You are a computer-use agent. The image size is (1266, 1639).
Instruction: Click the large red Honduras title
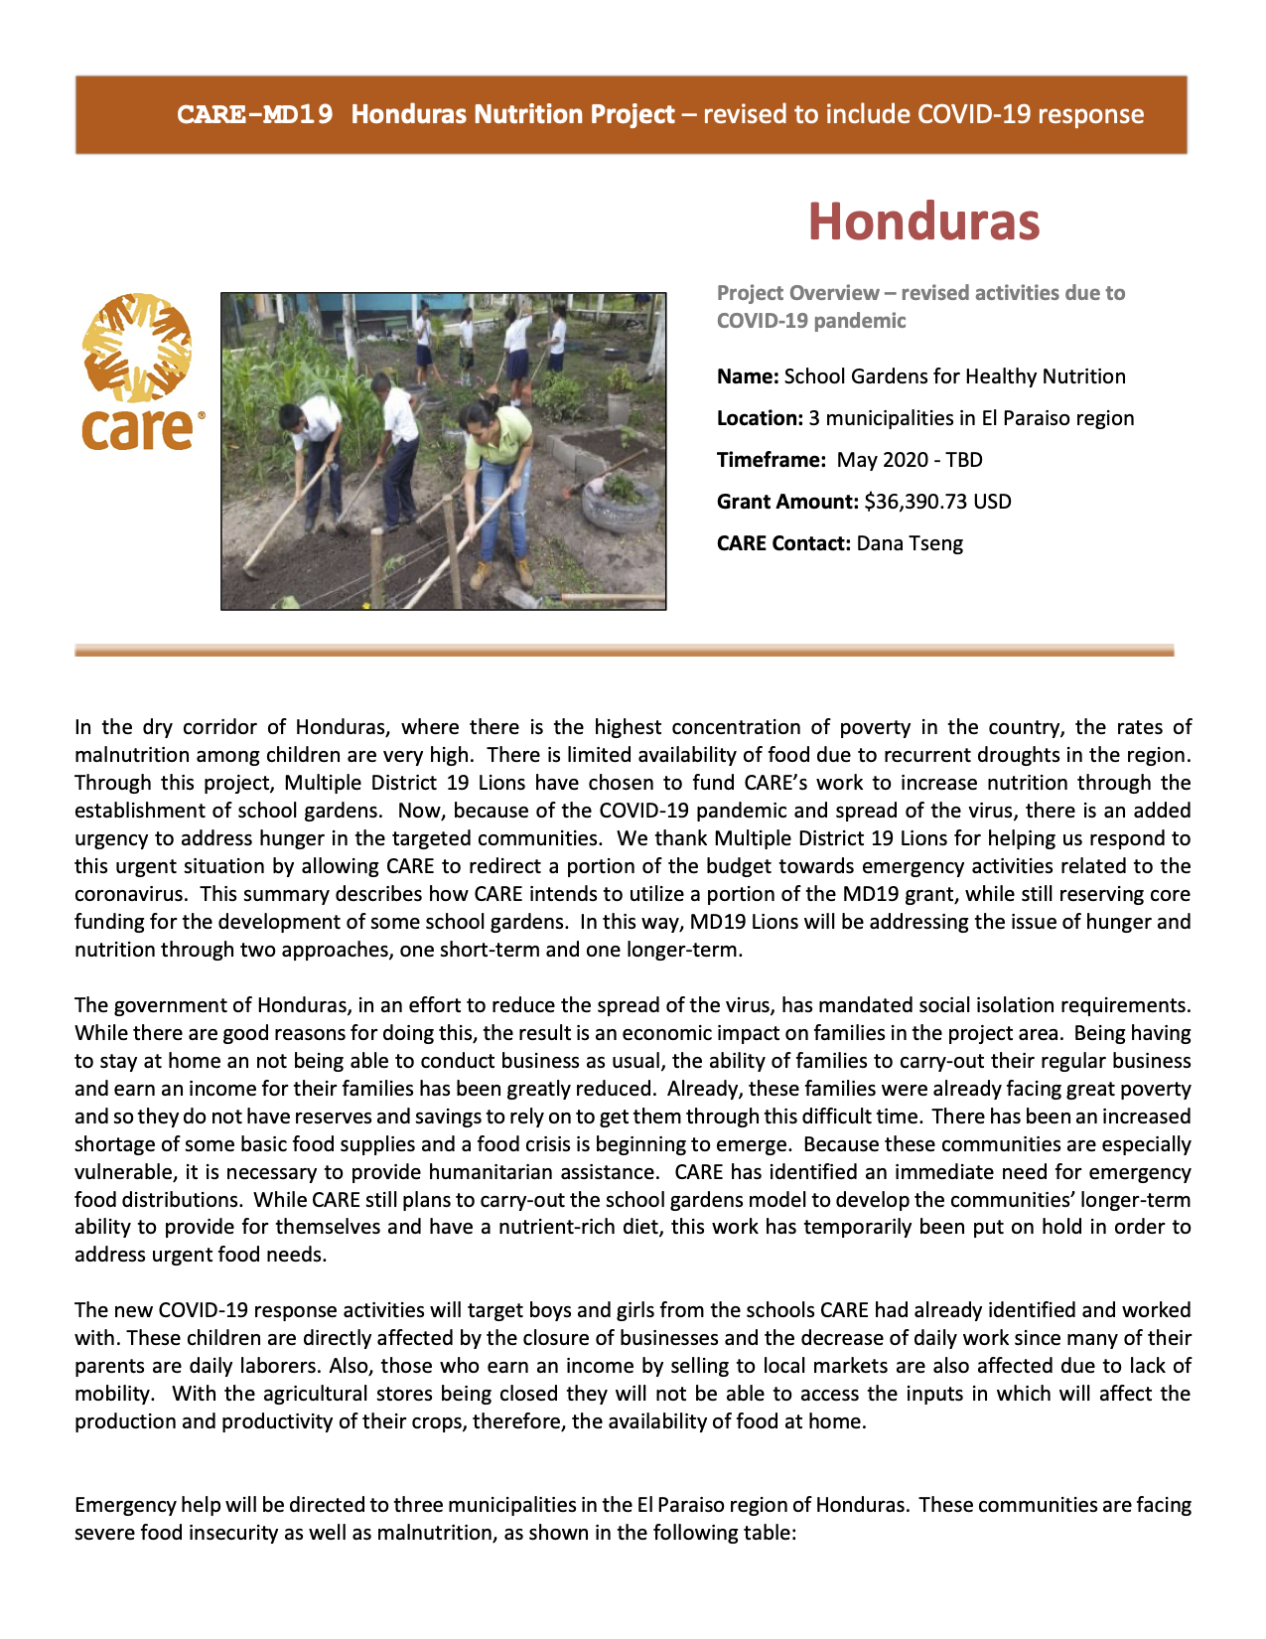923,221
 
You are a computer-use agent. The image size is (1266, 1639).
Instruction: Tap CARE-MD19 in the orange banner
254,114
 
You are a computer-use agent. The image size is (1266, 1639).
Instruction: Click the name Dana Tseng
910,543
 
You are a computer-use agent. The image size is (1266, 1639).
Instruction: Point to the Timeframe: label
771,460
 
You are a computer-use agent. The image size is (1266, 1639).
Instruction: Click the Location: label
760,418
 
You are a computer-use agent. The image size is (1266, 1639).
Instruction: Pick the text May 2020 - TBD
910,460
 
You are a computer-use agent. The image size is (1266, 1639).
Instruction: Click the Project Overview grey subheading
920,306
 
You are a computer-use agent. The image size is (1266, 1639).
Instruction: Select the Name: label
748,376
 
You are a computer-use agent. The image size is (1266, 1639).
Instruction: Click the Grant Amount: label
787,502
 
